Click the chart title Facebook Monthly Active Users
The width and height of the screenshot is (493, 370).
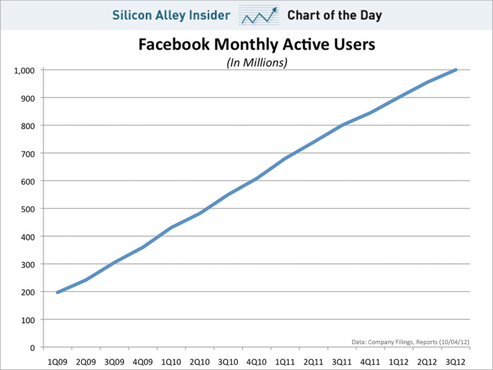256,45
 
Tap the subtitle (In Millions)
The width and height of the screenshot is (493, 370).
257,62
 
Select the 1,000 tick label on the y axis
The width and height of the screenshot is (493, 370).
25,70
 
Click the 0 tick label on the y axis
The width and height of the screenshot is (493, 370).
33,347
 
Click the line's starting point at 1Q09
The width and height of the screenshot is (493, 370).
57,292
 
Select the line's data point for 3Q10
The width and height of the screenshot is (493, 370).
228,195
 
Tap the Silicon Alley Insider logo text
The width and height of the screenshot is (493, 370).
171,15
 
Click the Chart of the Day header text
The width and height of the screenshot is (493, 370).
334,15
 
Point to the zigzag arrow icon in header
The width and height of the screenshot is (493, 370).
259,16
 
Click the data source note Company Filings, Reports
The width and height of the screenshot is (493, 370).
410,342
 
